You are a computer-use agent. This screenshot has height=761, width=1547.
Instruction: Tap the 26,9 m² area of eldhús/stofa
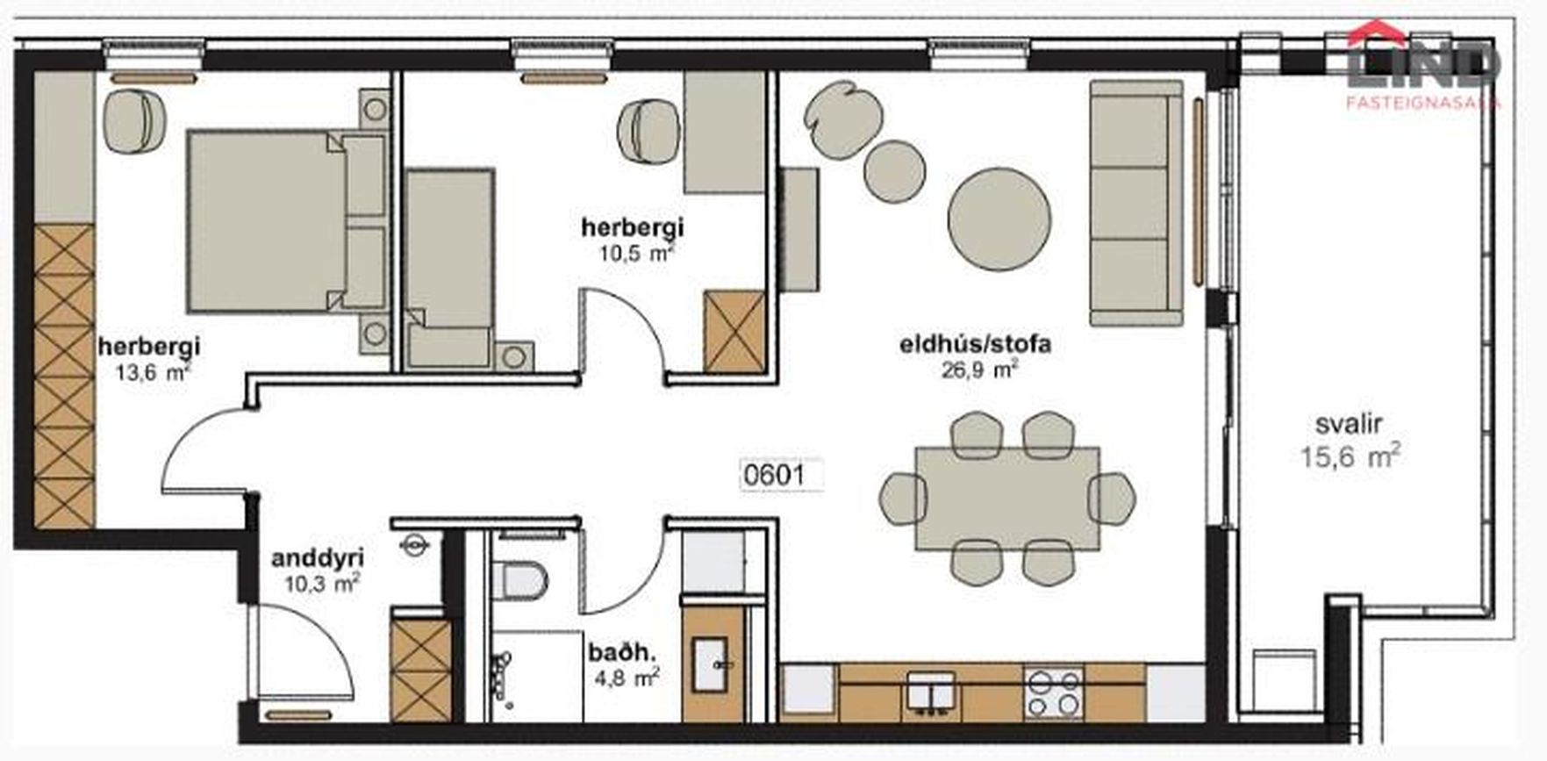point(980,370)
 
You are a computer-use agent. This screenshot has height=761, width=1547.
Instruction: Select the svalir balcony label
point(1349,424)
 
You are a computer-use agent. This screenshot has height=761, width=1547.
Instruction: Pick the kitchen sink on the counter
point(931,691)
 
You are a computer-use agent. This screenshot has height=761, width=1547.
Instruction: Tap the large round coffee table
point(999,219)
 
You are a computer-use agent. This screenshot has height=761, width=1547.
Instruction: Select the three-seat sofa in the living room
point(1136,203)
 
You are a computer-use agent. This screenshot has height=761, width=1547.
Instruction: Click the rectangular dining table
point(1007,499)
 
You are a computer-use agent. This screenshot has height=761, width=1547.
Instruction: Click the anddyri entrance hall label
point(317,558)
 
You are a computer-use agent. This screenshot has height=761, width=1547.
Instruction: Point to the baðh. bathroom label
point(622,652)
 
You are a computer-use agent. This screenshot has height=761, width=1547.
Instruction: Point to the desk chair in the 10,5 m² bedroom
point(648,130)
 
